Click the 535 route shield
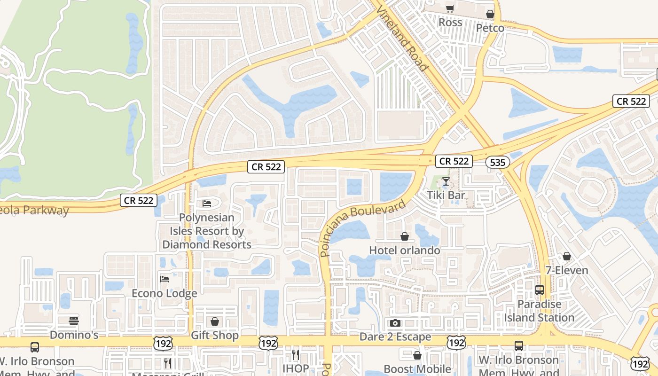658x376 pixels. pyautogui.click(x=497, y=163)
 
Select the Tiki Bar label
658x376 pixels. pyautogui.click(x=446, y=195)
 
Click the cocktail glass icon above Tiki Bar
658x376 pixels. pyautogui.click(x=446, y=181)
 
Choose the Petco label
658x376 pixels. pyautogui.click(x=490, y=28)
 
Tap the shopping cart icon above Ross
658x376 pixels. pyautogui.click(x=450, y=9)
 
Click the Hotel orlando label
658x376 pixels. pyautogui.click(x=405, y=250)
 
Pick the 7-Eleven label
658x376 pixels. pyautogui.click(x=567, y=270)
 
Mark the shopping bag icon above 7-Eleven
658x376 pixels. pyautogui.click(x=567, y=256)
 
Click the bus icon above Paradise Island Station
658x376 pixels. pyautogui.click(x=540, y=290)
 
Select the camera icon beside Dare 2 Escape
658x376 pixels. pyautogui.click(x=395, y=323)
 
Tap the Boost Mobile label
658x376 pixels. pyautogui.click(x=417, y=369)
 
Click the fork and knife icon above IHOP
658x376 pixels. pyautogui.click(x=296, y=355)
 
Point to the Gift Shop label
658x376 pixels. pyautogui.click(x=215, y=336)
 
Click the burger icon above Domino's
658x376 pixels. pyautogui.click(x=74, y=321)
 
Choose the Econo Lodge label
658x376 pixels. pyautogui.click(x=164, y=293)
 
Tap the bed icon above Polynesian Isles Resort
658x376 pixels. pyautogui.click(x=207, y=204)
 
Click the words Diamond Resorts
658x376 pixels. pyautogui.click(x=207, y=244)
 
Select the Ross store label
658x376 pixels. pyautogui.click(x=450, y=23)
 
